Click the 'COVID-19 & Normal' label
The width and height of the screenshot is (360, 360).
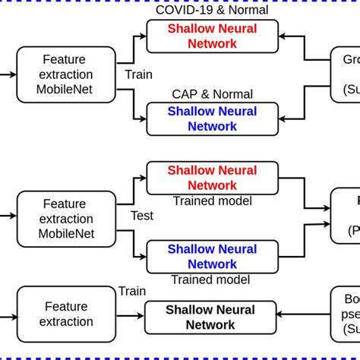[x=212, y=11]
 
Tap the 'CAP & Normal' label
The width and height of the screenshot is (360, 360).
[x=212, y=95]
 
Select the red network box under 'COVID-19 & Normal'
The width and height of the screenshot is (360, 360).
[x=212, y=36]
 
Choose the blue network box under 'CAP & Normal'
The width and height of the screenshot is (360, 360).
[x=212, y=119]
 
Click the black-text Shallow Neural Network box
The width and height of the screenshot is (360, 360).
[x=210, y=317]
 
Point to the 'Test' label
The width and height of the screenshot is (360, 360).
[x=141, y=216]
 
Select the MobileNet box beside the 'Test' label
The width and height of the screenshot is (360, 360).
[x=65, y=219]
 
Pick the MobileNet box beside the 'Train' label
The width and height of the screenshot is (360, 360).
[x=65, y=74]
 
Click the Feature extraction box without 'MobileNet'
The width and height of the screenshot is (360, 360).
[x=65, y=314]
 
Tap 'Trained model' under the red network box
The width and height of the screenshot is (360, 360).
[x=212, y=201]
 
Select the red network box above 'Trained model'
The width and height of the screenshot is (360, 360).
[x=212, y=178]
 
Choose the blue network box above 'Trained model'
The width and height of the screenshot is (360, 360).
[x=212, y=257]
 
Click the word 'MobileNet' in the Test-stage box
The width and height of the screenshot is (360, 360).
[x=66, y=233]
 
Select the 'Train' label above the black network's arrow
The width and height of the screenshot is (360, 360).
[x=131, y=292]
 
